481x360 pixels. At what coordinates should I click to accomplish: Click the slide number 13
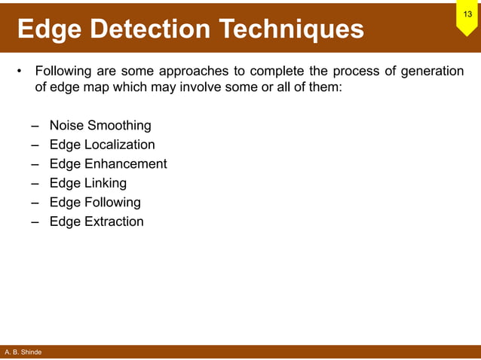tap(467, 14)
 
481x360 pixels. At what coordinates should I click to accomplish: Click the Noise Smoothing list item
tap(100, 126)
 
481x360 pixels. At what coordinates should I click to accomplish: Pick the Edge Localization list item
tap(102, 145)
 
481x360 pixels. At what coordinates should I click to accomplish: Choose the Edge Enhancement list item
tap(108, 164)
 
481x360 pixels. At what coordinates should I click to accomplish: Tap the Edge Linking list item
tap(87, 183)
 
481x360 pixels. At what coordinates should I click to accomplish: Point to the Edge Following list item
tap(95, 203)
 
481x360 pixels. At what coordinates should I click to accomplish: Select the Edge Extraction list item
tap(96, 221)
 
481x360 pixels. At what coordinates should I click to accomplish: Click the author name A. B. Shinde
tap(23, 352)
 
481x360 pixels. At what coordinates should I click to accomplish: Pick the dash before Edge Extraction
tap(35, 222)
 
